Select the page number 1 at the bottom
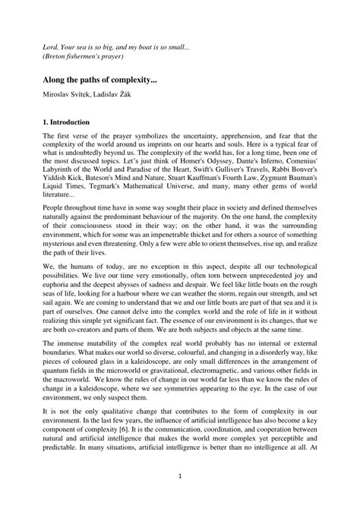point(179,498)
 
